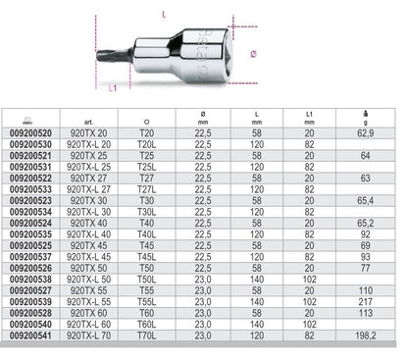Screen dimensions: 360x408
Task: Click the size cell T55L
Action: pyautogui.click(x=175, y=305)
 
